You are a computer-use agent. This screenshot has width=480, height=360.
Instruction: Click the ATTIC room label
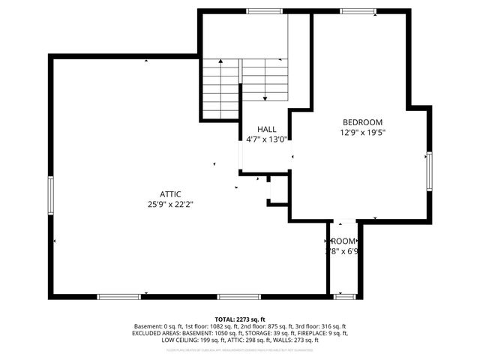[x=169, y=194]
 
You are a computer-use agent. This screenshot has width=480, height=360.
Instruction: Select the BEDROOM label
[x=362, y=123]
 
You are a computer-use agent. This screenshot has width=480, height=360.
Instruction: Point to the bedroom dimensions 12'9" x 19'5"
[x=362, y=133]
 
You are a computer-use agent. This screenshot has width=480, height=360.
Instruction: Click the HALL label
[x=266, y=129]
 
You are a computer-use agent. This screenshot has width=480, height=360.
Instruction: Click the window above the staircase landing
[x=259, y=10]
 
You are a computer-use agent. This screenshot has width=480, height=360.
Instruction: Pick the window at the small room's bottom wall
[x=344, y=297]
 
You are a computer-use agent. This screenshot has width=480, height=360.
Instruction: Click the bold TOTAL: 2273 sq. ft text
[x=240, y=319]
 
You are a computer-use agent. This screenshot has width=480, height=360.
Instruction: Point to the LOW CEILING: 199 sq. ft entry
[x=190, y=340]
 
